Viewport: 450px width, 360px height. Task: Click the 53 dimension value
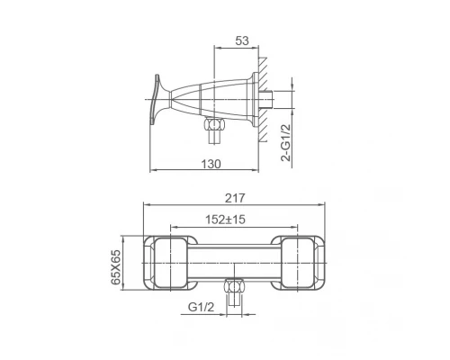pyautogui.click(x=242, y=40)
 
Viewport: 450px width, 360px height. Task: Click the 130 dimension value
pyautogui.click(x=211, y=164)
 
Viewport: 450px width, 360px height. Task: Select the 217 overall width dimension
pyautogui.click(x=235, y=198)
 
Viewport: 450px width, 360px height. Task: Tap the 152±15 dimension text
pyautogui.click(x=225, y=220)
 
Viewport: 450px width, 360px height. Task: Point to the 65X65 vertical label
pyautogui.click(x=116, y=267)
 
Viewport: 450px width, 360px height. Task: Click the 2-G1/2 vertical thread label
pyautogui.click(x=286, y=143)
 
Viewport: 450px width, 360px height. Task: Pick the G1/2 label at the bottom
pyautogui.click(x=201, y=307)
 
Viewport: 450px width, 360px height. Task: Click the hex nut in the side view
pyautogui.click(x=213, y=124)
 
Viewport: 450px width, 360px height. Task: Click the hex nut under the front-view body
pyautogui.click(x=234, y=287)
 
